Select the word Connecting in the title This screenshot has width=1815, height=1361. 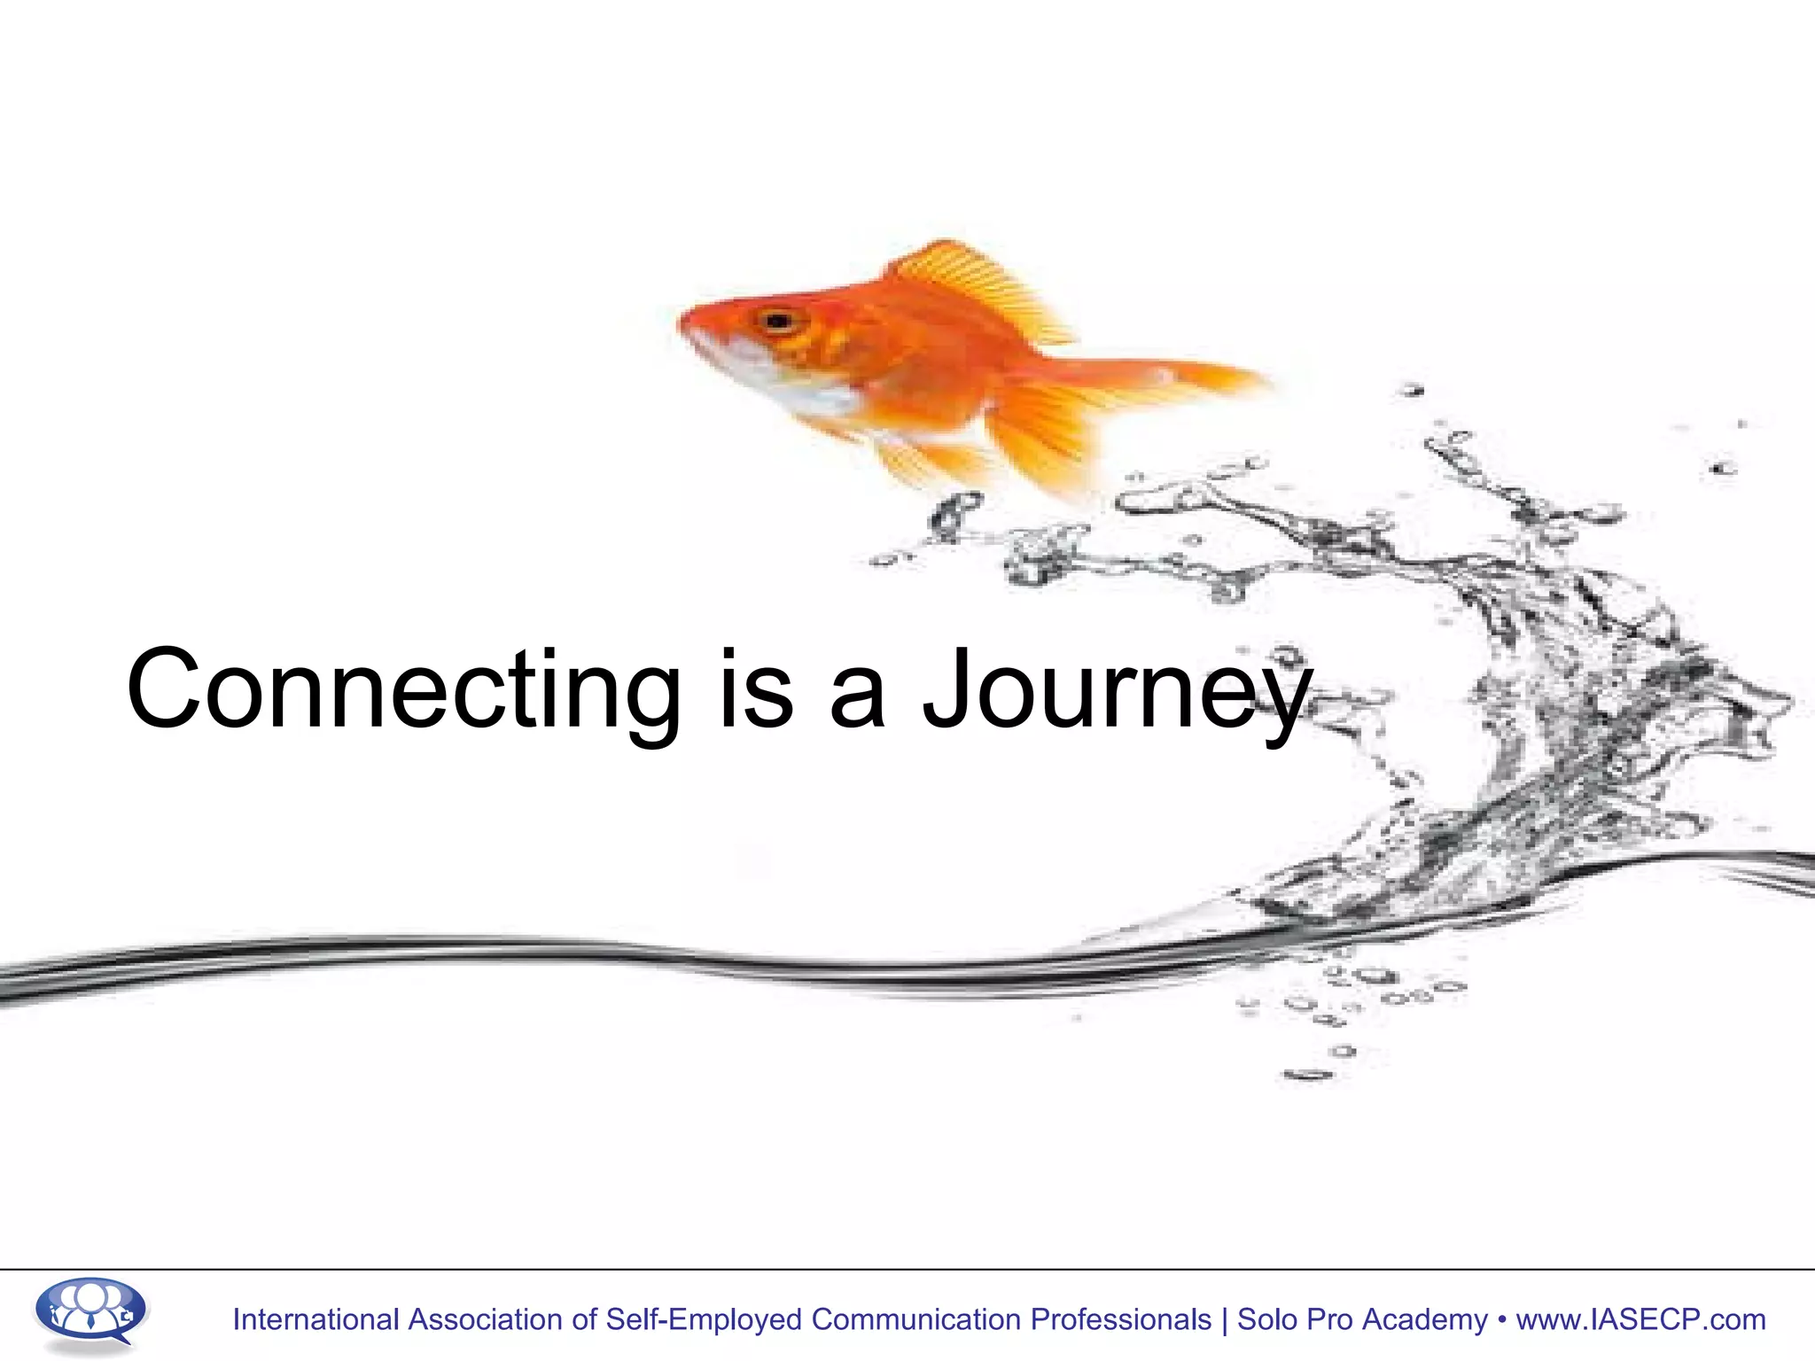pos(403,691)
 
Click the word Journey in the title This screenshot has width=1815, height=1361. pos(1117,691)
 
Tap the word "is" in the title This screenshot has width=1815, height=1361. pos(756,691)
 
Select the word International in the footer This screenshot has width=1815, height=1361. pos(315,1319)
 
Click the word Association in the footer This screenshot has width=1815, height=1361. pos(486,1319)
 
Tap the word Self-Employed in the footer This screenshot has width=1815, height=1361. pos(703,1319)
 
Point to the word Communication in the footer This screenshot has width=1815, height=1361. pos(915,1319)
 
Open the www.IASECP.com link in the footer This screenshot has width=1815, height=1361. pos(1640,1319)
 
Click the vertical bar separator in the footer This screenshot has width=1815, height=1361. pos(1225,1319)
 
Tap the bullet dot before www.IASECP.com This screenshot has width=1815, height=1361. pos(1502,1319)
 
